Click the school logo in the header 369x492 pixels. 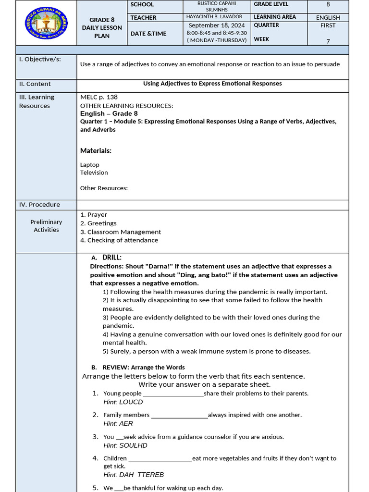[x=46, y=23]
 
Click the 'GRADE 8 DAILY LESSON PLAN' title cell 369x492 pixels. [x=102, y=28]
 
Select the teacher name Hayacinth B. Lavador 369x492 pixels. [x=214, y=17]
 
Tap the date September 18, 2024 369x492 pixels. [x=217, y=25]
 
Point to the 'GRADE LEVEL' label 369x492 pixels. [x=271, y=4]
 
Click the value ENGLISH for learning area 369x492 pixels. [x=328, y=17]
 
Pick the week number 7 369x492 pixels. [x=328, y=41]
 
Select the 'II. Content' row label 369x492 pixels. [x=35, y=84]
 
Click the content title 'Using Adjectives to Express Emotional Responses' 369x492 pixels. [x=212, y=84]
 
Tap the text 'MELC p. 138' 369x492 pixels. [x=99, y=97]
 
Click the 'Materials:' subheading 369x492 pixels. [x=96, y=151]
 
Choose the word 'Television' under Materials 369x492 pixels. [x=94, y=172]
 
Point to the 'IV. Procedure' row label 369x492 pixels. [x=39, y=205]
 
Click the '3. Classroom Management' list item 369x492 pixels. [x=121, y=232]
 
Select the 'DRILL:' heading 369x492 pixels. [x=112, y=258]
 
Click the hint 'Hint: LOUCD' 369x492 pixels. [x=123, y=402]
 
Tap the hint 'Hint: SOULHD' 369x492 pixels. [x=125, y=445]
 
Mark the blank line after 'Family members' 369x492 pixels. [x=179, y=415]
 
